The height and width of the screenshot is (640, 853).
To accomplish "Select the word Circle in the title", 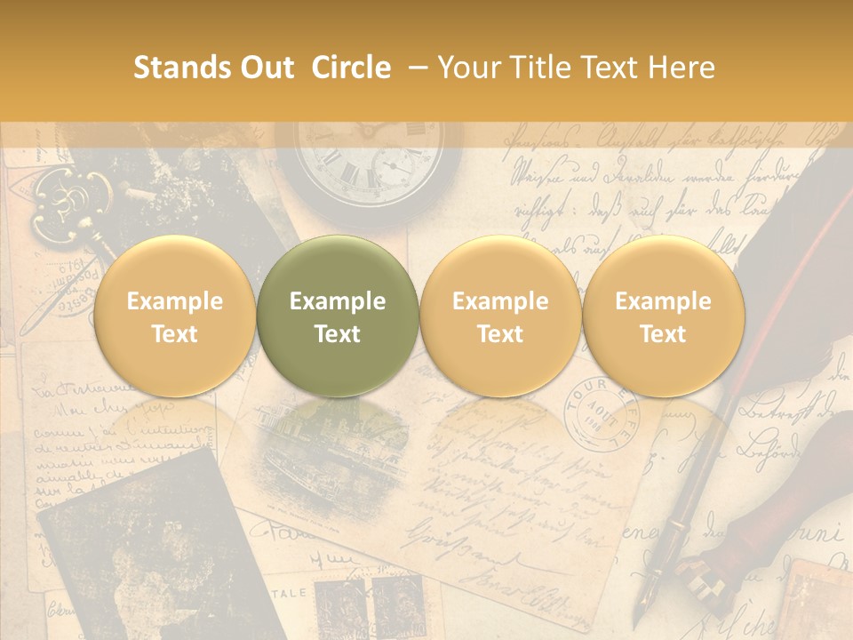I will click(351, 68).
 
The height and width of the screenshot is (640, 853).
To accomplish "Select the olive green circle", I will click(338, 316).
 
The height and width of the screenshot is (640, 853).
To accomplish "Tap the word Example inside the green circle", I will click(338, 301).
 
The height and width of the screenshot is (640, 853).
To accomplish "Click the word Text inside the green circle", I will click(338, 334).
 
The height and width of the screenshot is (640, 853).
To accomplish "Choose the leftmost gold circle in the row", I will click(174, 316).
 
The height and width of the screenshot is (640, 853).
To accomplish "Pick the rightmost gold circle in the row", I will click(663, 316).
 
